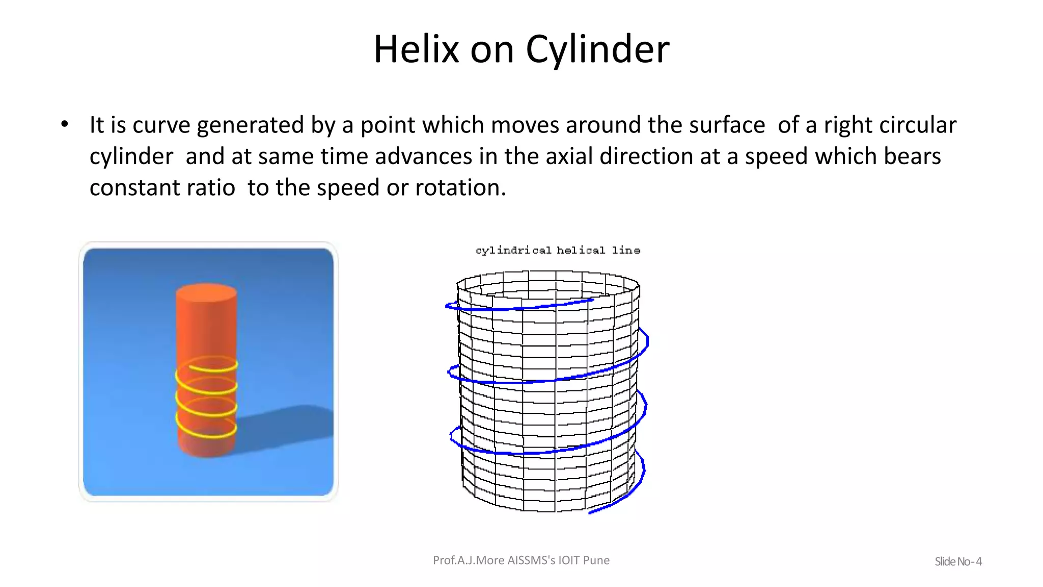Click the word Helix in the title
416,49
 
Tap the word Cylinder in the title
597,49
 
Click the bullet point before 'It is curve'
64,124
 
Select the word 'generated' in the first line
250,125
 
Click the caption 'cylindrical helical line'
558,250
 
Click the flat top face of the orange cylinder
206,293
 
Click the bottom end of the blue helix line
591,512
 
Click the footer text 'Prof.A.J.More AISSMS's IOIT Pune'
521,561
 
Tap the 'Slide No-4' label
957,562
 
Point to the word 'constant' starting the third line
133,188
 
